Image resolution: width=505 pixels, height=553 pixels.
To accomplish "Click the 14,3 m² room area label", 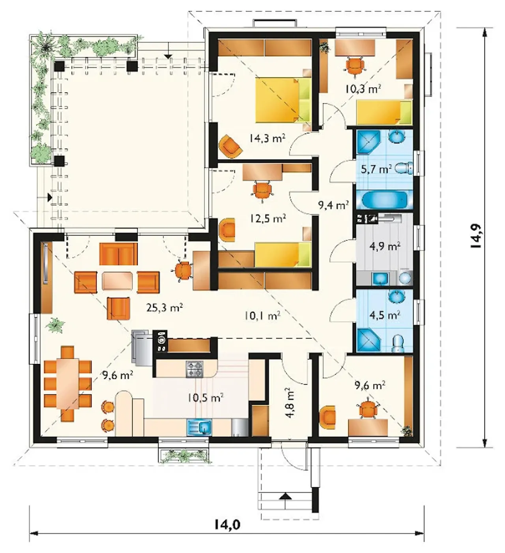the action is click(267, 138).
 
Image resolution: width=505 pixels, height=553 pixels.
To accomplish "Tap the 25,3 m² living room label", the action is click(165, 307).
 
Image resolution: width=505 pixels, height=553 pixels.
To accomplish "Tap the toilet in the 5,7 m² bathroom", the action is click(404, 168).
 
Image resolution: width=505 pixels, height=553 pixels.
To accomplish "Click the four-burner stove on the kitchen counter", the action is click(195, 369).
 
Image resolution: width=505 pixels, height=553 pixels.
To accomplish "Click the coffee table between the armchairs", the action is click(117, 281).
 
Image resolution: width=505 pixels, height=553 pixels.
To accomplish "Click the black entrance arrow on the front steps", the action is click(286, 496).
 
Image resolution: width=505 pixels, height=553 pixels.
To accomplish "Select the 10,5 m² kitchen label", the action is click(206, 398).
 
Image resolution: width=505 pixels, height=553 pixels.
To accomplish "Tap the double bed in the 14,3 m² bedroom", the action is click(283, 99).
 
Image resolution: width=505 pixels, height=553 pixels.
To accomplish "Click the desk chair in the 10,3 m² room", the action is click(355, 66).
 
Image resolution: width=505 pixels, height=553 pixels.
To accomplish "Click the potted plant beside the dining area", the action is click(56, 325).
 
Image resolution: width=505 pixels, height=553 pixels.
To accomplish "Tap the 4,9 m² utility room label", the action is click(385, 246).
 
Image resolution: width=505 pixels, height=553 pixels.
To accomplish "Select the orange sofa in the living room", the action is click(118, 254).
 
